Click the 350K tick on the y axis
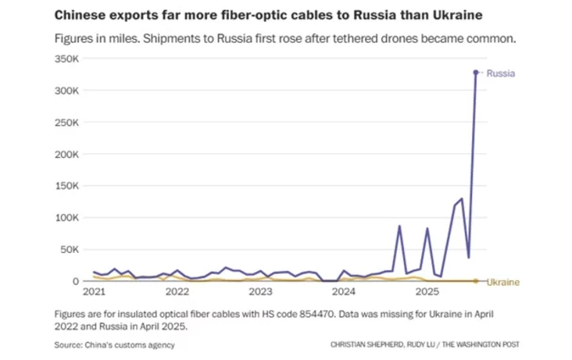click(x=66, y=59)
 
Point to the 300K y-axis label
click(x=66, y=91)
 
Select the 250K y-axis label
click(x=66, y=123)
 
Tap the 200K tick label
click(x=66, y=155)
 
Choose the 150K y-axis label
click(x=66, y=186)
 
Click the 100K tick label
click(x=66, y=218)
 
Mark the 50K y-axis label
click(x=69, y=250)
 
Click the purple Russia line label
click(x=500, y=73)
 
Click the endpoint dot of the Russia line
click(x=475, y=73)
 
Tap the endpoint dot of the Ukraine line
click(x=475, y=281)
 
